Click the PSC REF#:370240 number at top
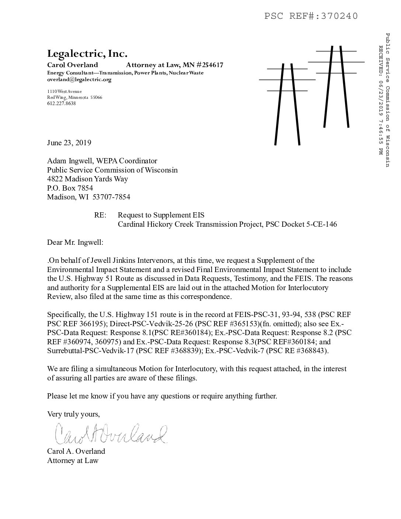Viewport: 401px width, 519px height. click(x=311, y=16)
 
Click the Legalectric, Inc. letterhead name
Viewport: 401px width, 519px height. click(x=87, y=54)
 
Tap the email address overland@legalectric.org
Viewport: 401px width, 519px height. click(x=79, y=79)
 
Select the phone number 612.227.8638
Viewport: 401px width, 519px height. click(x=62, y=104)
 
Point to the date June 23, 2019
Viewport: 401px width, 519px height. click(x=69, y=143)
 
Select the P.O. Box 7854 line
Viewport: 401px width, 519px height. click(x=70, y=188)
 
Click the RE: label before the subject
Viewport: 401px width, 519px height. click(x=100, y=215)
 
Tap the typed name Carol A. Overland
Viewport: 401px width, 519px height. click(x=76, y=451)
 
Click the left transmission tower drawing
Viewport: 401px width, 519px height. click(x=287, y=103)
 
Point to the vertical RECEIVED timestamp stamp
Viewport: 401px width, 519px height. click(x=381, y=100)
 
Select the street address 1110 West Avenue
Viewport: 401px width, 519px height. click(x=64, y=91)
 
